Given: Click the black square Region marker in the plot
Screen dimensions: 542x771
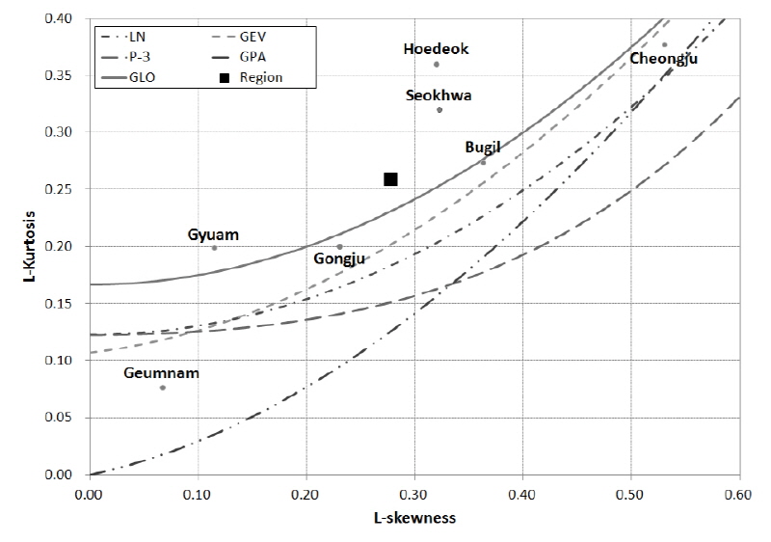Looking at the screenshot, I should (x=390, y=178).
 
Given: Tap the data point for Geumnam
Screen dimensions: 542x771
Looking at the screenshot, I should (x=163, y=388).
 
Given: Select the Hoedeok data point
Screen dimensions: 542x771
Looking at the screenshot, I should (x=437, y=65).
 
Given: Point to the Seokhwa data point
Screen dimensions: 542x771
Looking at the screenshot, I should (x=439, y=110).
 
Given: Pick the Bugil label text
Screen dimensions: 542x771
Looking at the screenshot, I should (x=483, y=147).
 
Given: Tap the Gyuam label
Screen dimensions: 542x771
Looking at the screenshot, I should (x=213, y=234).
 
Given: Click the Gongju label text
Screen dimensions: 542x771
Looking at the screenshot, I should (x=339, y=257).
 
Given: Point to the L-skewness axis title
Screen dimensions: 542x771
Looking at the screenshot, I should (x=414, y=518).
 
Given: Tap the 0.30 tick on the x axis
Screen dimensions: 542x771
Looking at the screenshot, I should (x=414, y=492).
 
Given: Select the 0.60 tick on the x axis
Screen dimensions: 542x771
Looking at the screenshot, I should (x=739, y=492).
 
